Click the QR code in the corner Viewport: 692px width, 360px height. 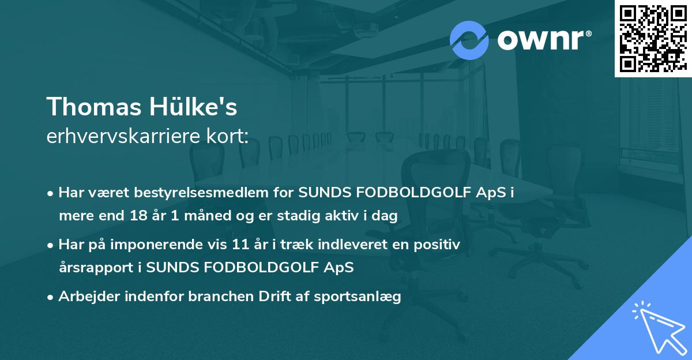pos(653,39)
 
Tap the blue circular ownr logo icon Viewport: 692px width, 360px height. pos(469,40)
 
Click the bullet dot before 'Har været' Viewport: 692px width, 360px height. pos(51,193)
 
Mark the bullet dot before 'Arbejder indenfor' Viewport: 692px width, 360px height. pos(51,297)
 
